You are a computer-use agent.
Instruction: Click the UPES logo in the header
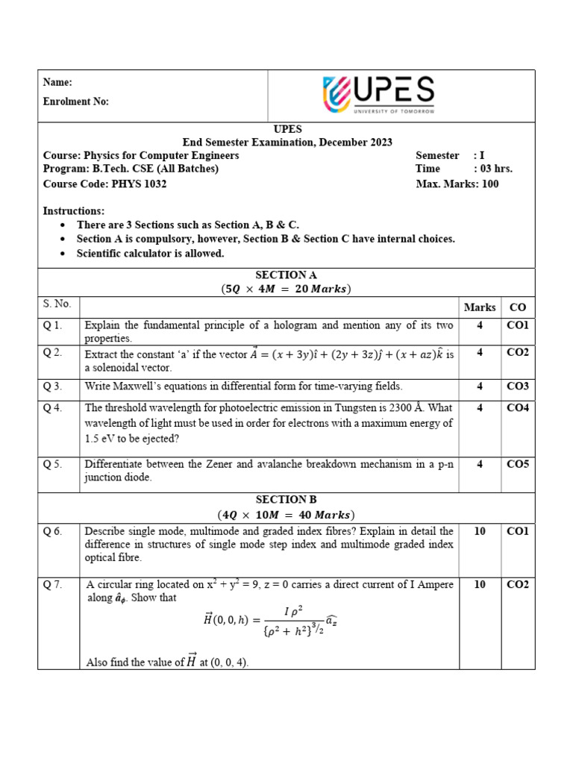pos(378,95)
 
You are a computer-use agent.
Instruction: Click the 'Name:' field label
pos(57,83)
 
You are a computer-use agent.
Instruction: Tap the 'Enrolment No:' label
pos(76,101)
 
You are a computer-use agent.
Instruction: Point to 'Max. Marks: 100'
pos(457,184)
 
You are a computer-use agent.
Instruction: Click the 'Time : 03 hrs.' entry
pos(463,169)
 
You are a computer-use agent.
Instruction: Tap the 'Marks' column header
pos(480,307)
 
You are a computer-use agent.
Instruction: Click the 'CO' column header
pos(517,307)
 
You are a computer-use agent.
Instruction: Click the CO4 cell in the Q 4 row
pos(517,407)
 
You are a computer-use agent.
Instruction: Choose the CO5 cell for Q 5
pos(517,464)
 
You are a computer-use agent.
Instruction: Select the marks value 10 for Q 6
pos(480,531)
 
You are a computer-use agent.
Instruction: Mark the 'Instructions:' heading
pos(74,211)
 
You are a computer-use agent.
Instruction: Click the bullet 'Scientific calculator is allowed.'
pos(150,254)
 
